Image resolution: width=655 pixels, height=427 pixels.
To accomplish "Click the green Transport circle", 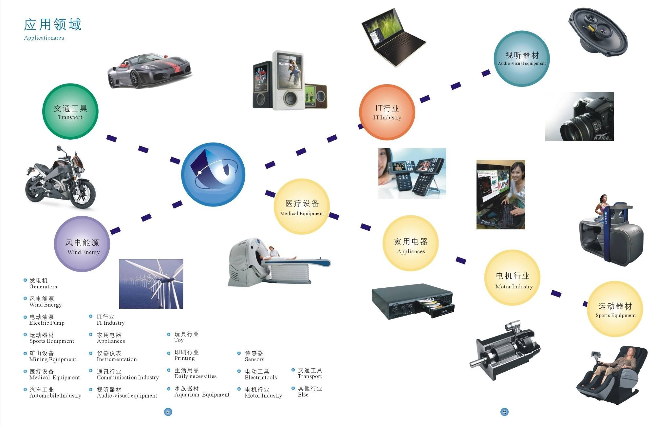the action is click(70, 111).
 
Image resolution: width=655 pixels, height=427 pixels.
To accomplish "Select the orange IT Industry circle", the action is click(387, 112).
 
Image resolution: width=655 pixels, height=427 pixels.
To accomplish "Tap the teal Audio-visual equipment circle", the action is click(522, 59).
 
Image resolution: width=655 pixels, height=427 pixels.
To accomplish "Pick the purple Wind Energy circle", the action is click(82, 244).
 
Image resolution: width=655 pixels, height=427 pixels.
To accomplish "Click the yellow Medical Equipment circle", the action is click(302, 206).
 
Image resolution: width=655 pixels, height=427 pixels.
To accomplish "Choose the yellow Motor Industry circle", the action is click(512, 278).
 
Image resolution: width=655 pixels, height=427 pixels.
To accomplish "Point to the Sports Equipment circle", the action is click(615, 309).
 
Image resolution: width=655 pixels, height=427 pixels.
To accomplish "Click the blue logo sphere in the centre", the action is click(213, 174).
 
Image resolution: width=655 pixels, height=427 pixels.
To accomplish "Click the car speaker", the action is click(598, 31).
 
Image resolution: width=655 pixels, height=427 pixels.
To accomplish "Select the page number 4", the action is click(168, 412).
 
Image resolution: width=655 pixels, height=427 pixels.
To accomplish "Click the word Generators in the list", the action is click(43, 287).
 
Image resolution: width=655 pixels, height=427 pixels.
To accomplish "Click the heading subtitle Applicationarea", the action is click(44, 38).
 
